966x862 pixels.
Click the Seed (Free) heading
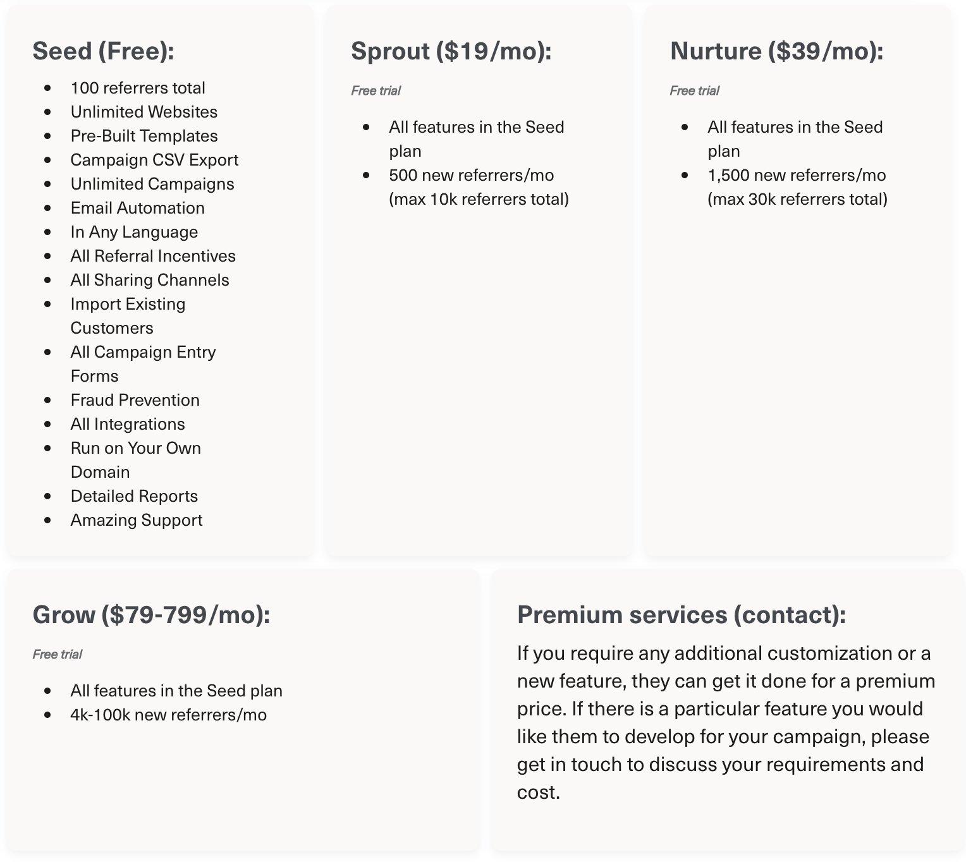click(103, 51)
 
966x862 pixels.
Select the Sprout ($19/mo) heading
click(451, 51)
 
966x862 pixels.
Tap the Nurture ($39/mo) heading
click(776, 51)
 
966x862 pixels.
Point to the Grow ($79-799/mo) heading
click(151, 614)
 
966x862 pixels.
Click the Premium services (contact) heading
click(681, 614)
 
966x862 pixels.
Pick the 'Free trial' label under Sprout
click(376, 91)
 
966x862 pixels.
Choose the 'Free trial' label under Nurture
click(695, 91)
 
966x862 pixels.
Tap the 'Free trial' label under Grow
click(58, 655)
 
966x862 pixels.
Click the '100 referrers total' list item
click(138, 88)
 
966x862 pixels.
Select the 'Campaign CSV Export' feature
click(154, 160)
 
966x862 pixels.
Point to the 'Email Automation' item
click(137, 208)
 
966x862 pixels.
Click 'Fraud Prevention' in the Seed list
click(135, 400)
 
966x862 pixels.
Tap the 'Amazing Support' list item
click(137, 520)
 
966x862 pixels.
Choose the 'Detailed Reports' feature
click(134, 496)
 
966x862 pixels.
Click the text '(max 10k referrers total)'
click(479, 200)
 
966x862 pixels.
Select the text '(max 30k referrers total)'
click(797, 200)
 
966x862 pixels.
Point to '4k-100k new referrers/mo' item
click(168, 715)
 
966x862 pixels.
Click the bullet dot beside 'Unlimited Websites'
click(48, 112)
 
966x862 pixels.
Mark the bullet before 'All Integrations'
click(48, 425)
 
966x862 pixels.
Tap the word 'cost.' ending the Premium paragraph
click(538, 792)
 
